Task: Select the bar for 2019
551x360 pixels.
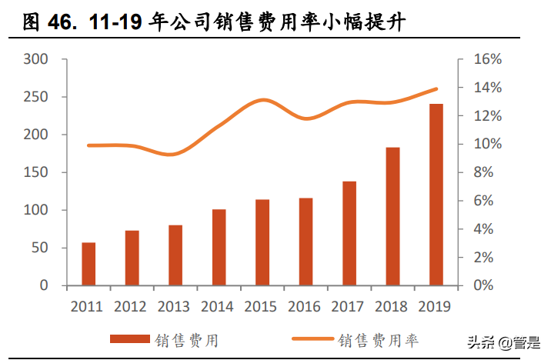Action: (x=436, y=195)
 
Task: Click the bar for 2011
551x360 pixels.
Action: (x=88, y=264)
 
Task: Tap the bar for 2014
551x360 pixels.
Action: (x=219, y=247)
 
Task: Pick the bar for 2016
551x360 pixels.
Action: (x=306, y=242)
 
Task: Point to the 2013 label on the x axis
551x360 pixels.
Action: (x=174, y=306)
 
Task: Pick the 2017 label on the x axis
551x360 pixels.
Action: (x=348, y=306)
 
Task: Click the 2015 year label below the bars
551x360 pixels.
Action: (x=261, y=306)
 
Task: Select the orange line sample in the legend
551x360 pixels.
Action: (x=311, y=338)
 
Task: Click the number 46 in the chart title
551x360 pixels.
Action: (x=43, y=25)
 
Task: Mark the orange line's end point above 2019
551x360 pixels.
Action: (x=436, y=89)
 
